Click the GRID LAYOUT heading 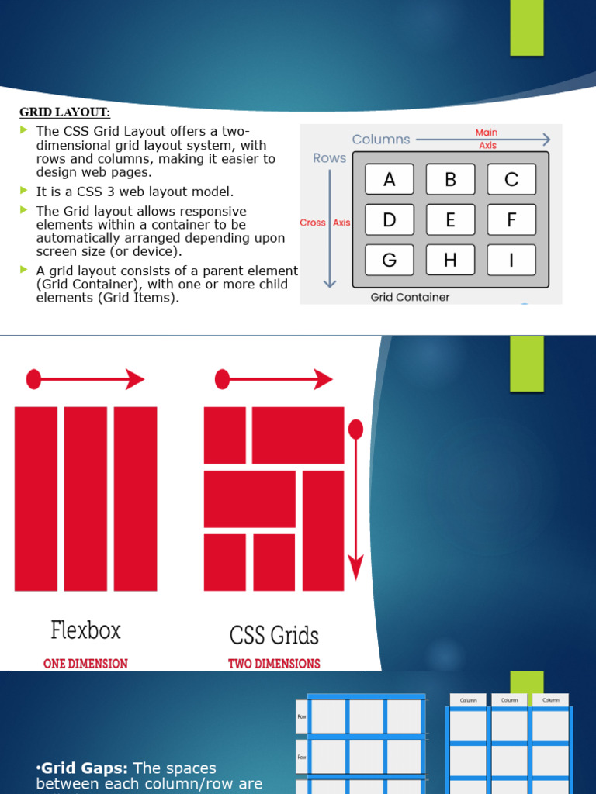(x=64, y=112)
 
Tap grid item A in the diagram (x=389, y=179)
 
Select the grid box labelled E (x=450, y=219)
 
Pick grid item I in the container (x=511, y=261)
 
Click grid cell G (x=389, y=261)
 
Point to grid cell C (x=511, y=179)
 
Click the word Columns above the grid (x=380, y=140)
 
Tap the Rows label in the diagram (x=329, y=158)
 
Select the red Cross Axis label (x=325, y=223)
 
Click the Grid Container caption (x=410, y=297)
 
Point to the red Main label (x=487, y=133)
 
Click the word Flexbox (x=86, y=630)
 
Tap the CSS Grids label (x=274, y=636)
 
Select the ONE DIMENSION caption (x=85, y=664)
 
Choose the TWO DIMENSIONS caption (x=274, y=664)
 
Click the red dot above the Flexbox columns (x=33, y=379)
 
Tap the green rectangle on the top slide (x=527, y=28)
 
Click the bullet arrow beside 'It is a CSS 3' (x=23, y=190)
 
